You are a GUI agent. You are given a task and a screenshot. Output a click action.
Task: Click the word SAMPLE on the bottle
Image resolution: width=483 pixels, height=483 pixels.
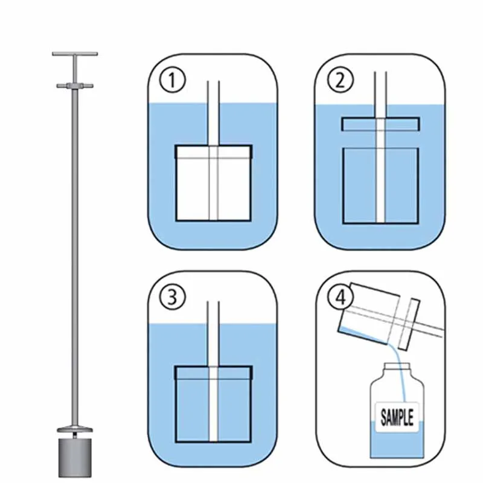tap(397, 417)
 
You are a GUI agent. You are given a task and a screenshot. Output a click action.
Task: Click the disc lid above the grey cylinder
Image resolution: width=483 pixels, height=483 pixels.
tap(74, 430)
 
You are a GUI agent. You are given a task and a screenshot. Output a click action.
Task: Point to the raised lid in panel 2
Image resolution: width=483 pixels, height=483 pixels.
tap(380, 124)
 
